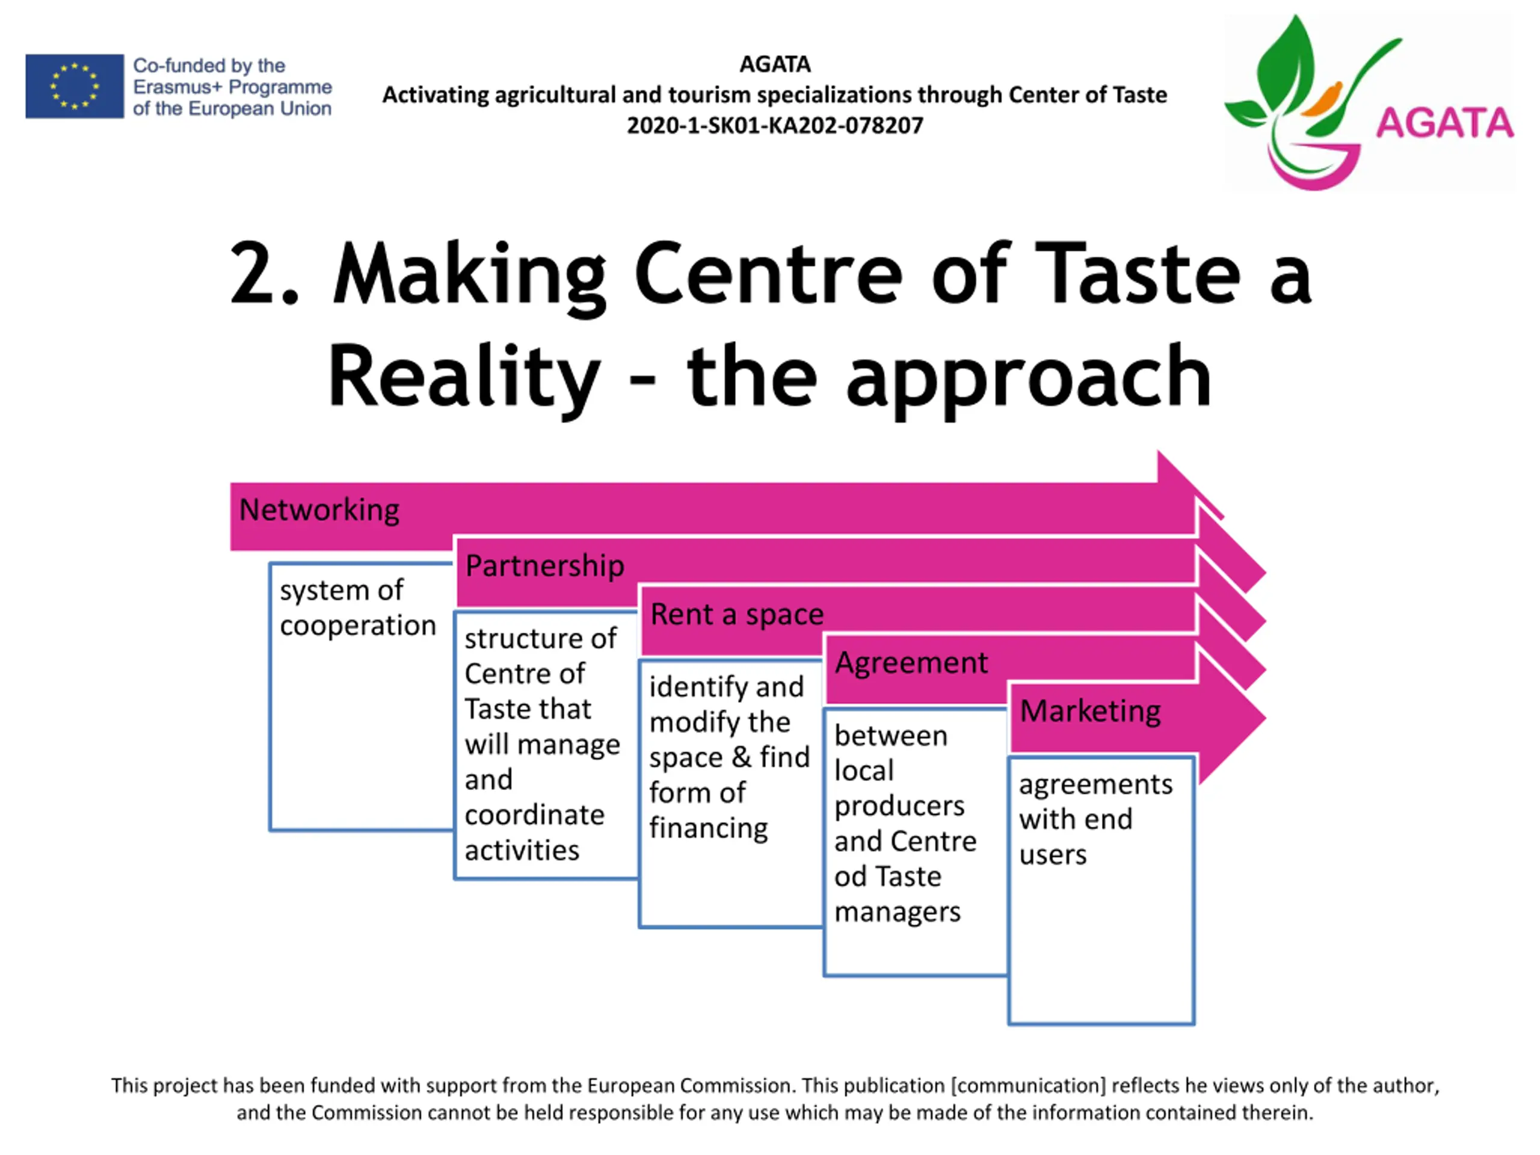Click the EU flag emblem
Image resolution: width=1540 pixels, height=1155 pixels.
tap(75, 87)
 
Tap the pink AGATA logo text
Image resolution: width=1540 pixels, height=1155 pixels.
tap(1444, 124)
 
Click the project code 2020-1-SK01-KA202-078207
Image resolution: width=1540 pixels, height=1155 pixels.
tap(774, 126)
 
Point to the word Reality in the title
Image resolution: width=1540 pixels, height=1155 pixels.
tap(464, 377)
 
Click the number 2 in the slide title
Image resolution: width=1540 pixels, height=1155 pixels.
tap(253, 273)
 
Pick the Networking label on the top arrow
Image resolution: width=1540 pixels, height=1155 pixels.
tap(319, 510)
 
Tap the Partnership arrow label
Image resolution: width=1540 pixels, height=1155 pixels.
tap(544, 566)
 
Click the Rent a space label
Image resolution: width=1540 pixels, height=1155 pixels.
tap(736, 615)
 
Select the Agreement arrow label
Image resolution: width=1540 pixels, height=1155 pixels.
tap(911, 663)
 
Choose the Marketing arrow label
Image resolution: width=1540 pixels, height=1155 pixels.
tap(1090, 712)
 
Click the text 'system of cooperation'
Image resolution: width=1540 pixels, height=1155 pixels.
tap(357, 608)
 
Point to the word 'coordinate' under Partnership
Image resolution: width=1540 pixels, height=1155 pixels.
tap(534, 815)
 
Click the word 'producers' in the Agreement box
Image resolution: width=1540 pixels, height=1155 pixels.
tap(899, 806)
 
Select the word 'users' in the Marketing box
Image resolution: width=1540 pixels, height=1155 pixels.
tap(1053, 855)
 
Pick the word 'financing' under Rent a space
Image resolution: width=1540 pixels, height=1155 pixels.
tap(708, 828)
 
